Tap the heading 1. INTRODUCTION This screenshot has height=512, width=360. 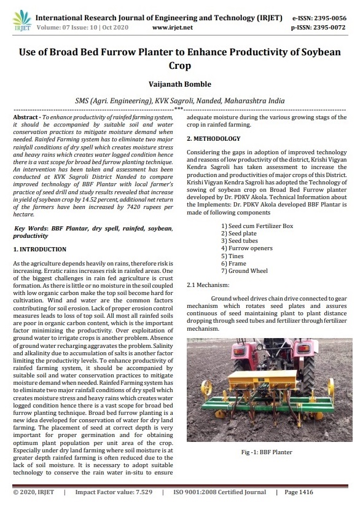click(x=40, y=249)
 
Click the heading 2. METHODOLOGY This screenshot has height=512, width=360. click(x=214, y=138)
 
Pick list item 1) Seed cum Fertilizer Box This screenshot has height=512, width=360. click(x=257, y=226)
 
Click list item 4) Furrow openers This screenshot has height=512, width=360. click(x=247, y=248)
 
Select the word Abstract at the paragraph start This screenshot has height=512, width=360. click(x=28, y=117)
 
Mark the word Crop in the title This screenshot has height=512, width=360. click(x=179, y=65)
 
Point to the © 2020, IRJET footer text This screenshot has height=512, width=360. click(x=34, y=492)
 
